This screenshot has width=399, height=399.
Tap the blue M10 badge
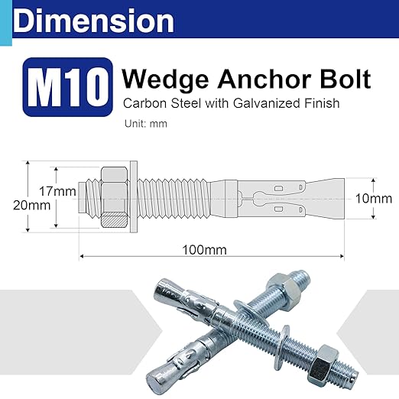point(66,89)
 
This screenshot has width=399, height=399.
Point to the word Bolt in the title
point(345,79)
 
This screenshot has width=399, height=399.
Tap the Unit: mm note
point(145,123)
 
